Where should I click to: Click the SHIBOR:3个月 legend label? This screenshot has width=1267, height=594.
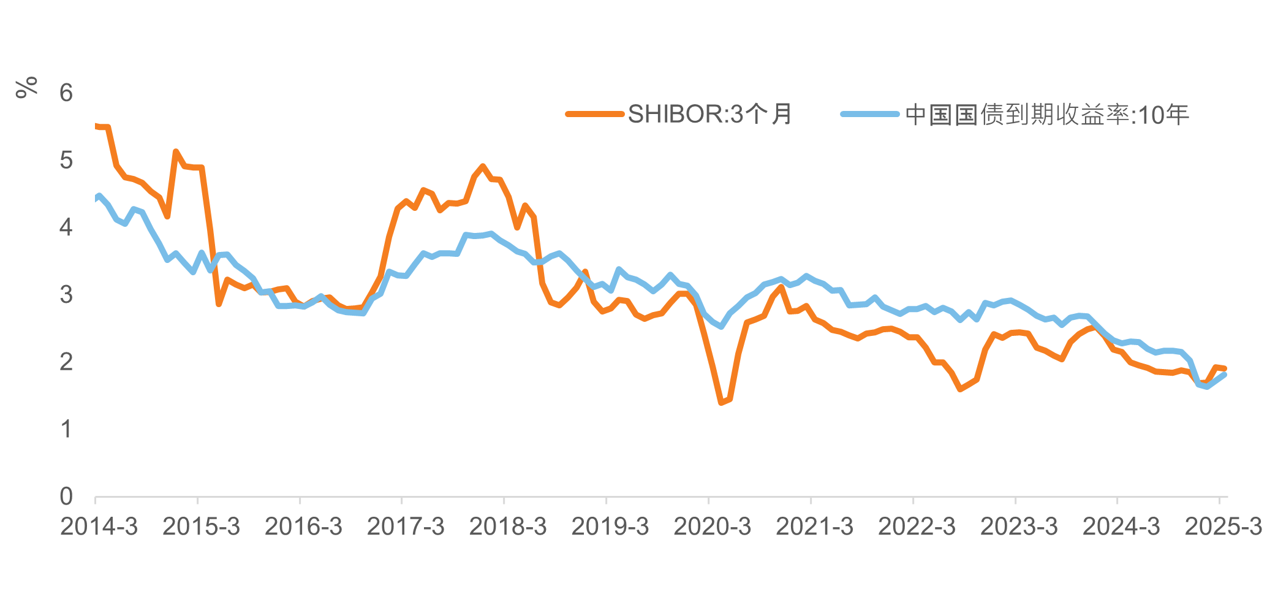710,114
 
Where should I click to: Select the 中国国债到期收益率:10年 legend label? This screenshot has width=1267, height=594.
1047,115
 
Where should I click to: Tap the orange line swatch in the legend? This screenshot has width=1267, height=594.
595,114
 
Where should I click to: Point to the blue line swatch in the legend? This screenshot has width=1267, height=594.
870,114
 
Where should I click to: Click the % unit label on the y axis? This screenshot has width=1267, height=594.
26,87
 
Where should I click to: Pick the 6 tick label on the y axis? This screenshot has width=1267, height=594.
66,93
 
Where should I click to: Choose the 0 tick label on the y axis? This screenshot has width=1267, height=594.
66,497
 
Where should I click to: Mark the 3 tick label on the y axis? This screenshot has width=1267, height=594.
66,295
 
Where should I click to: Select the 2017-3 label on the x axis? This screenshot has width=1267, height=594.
406,527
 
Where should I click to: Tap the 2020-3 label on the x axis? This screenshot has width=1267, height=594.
713,527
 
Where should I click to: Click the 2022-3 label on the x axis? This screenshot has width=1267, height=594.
917,527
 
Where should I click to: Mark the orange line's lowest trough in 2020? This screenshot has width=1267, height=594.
722,402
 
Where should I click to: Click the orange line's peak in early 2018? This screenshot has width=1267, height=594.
483,166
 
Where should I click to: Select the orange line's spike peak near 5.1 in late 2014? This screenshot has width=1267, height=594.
176,151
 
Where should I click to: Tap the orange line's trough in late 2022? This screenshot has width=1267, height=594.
960,389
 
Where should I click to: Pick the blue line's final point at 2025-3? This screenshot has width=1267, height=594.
1224,375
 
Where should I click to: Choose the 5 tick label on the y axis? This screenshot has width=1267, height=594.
66,161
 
